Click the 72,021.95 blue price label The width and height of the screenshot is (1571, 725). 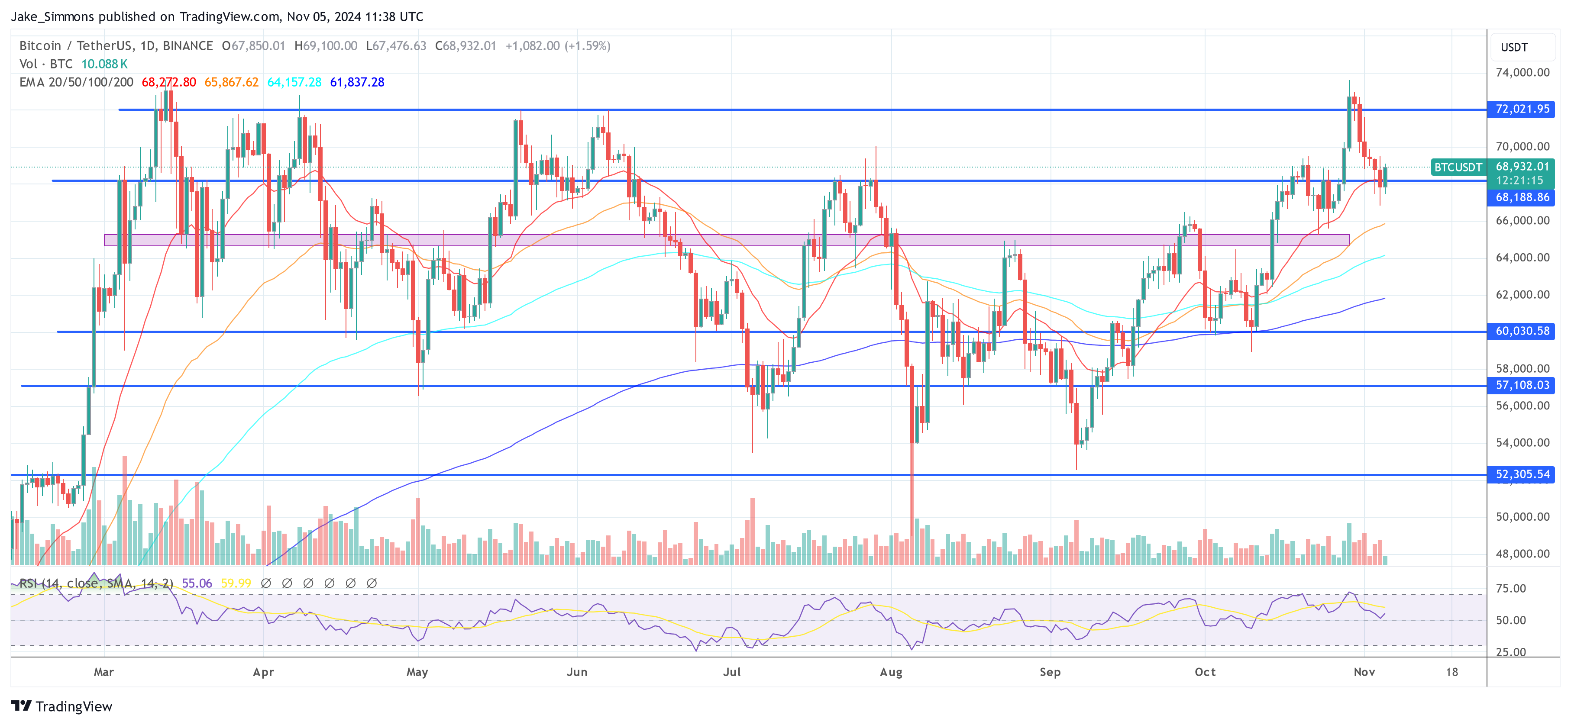tap(1522, 109)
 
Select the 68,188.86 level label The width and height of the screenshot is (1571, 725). tap(1522, 197)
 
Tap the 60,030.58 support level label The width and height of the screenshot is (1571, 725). tap(1522, 331)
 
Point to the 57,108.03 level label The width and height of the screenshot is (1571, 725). tap(1522, 385)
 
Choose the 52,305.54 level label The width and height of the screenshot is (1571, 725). tap(1522, 474)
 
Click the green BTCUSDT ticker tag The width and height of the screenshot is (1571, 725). tap(1458, 167)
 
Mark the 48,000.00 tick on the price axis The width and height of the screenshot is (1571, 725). tap(1522, 554)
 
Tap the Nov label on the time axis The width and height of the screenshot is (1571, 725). tap(1364, 672)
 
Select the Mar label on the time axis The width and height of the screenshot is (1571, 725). tap(103, 672)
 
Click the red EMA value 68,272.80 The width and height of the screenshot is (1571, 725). tap(169, 82)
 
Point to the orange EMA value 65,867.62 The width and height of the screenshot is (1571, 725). tap(231, 82)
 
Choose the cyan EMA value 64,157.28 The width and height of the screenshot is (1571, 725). tap(294, 82)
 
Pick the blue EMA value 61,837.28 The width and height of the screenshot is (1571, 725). tap(357, 82)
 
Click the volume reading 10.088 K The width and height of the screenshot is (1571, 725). tap(104, 64)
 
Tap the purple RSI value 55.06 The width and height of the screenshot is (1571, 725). tap(197, 583)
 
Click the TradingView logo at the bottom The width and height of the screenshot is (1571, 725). tap(61, 706)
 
